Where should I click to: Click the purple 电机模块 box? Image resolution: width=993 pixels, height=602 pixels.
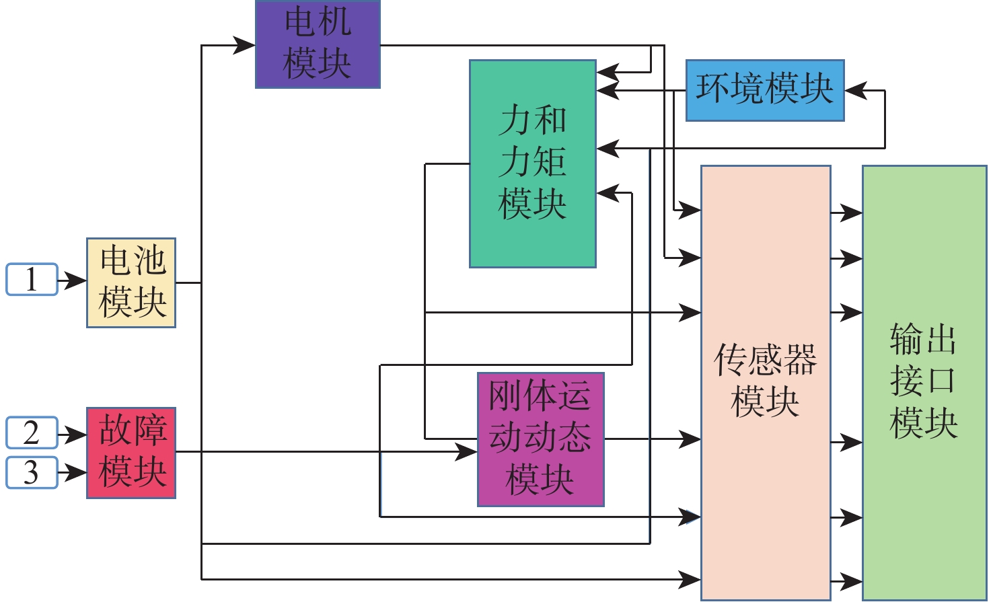(318, 44)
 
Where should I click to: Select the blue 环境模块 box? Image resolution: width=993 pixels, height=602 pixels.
(765, 90)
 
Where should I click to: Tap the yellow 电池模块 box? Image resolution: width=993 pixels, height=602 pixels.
(131, 283)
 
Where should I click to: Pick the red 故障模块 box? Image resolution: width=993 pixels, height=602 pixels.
(131, 452)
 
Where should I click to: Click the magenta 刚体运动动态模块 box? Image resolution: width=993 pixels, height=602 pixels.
(540, 439)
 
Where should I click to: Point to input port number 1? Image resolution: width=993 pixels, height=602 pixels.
(32, 280)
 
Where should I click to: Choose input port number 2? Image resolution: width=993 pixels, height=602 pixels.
(32, 432)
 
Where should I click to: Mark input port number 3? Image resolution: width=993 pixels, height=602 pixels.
(32, 472)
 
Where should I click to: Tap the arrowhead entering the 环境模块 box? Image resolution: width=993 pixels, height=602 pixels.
(855, 90)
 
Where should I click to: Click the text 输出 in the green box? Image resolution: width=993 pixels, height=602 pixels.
(923, 339)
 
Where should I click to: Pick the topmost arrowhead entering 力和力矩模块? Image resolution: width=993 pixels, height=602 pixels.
(607, 71)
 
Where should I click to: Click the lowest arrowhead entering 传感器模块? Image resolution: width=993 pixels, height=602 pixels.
(690, 578)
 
